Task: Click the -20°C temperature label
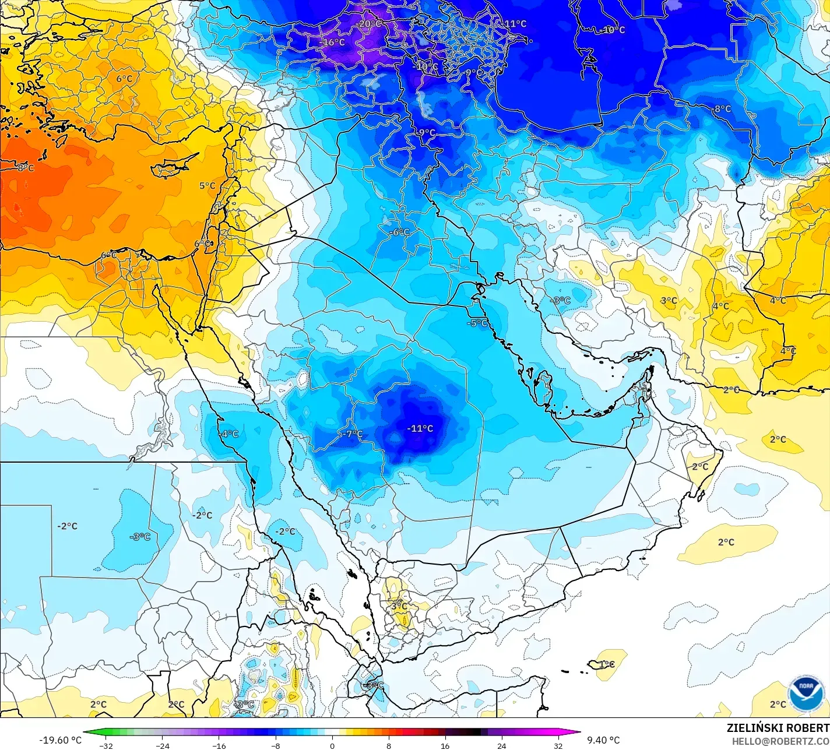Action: tap(368, 24)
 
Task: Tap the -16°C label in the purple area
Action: tap(333, 43)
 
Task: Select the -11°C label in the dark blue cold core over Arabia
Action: tap(420, 428)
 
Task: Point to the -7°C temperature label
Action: tap(351, 434)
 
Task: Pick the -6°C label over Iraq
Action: tap(399, 233)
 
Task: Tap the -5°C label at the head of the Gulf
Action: tap(477, 323)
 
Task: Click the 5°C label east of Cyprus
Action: tap(207, 186)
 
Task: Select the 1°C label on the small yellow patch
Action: tap(607, 664)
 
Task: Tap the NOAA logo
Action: tap(806, 693)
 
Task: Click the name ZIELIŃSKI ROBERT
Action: tap(778, 728)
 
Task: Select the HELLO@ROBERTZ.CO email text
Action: tap(780, 741)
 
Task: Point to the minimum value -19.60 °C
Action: tap(60, 740)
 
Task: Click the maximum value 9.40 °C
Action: tap(603, 740)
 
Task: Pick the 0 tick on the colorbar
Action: tap(332, 745)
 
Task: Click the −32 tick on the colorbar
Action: tap(105, 745)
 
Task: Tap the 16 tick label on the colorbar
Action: tap(445, 745)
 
